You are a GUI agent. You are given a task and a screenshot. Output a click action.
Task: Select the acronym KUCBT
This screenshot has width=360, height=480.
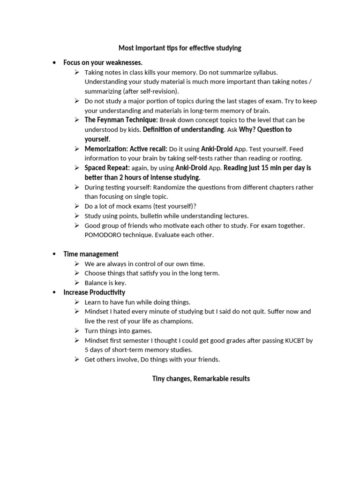coord(295,340)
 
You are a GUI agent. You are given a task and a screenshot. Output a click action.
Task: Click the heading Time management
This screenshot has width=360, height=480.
coord(91,254)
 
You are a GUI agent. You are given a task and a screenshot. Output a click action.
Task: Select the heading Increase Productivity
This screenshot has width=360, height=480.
coord(94,292)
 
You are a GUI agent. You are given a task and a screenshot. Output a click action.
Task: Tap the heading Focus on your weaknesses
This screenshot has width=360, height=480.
coord(103,62)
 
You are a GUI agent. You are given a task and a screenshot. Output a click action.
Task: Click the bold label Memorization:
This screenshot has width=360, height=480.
coord(106,149)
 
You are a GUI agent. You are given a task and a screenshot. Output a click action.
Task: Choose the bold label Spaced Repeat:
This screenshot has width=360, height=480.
coord(107,168)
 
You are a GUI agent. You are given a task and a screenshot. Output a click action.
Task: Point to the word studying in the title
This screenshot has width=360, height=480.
coord(227,48)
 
